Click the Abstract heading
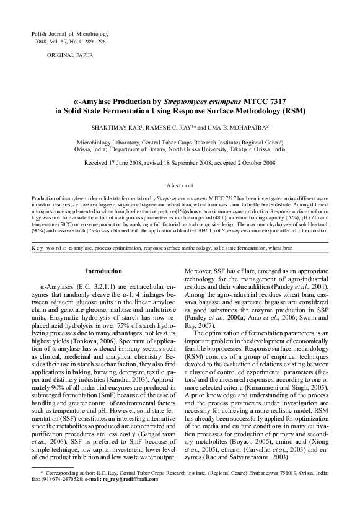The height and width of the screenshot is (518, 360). click(x=180, y=185)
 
